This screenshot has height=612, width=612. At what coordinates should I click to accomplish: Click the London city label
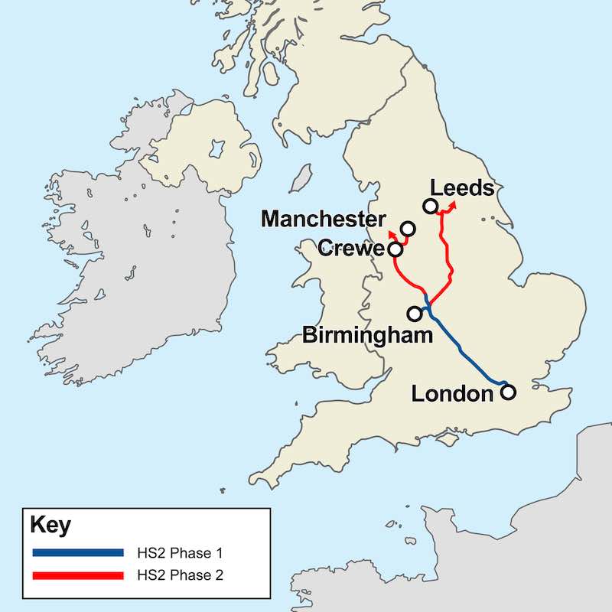tap(452, 394)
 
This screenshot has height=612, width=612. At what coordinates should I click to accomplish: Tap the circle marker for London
tap(507, 392)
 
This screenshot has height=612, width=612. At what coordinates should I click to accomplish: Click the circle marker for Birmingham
tap(415, 313)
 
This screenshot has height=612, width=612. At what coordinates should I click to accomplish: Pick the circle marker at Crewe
tap(396, 249)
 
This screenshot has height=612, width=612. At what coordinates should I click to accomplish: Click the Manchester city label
tap(324, 220)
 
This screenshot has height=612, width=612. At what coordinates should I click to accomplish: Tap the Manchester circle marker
tap(408, 228)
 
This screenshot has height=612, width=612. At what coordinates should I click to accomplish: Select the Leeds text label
tap(461, 187)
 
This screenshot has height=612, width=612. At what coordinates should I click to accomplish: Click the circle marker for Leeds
tap(430, 205)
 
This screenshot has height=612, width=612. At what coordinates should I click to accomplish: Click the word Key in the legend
tap(50, 526)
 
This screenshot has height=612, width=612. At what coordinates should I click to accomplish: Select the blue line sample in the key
tap(78, 552)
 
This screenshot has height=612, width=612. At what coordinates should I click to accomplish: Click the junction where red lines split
tap(427, 304)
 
